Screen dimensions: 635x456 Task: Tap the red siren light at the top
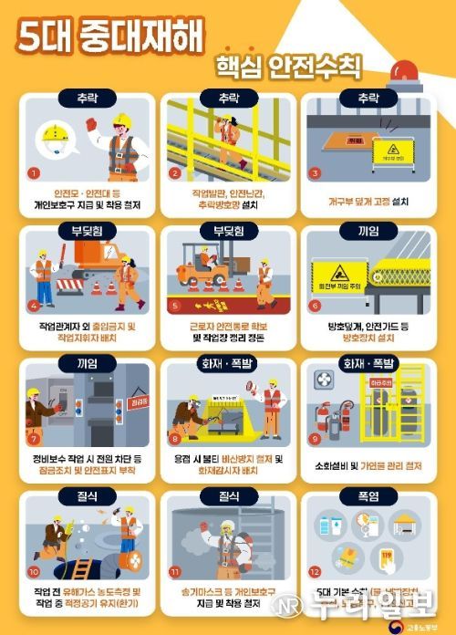click(405, 72)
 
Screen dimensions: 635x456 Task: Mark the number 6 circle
click(316, 306)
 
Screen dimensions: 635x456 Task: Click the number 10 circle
click(35, 572)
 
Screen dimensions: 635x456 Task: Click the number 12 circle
click(316, 572)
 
